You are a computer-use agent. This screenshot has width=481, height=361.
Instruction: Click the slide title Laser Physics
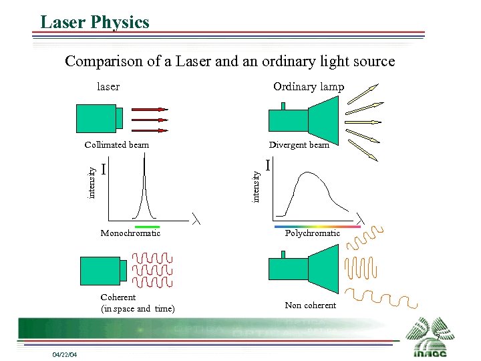click(x=95, y=22)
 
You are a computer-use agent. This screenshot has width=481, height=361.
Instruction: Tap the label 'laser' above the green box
click(x=108, y=86)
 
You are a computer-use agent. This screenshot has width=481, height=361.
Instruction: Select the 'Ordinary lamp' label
click(x=308, y=86)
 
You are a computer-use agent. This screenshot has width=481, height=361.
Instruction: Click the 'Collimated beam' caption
click(x=117, y=144)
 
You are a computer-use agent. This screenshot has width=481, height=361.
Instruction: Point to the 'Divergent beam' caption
click(x=299, y=144)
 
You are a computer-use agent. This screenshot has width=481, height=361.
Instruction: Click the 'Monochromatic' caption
click(x=130, y=233)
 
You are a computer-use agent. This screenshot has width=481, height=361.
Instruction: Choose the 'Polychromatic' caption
click(x=312, y=233)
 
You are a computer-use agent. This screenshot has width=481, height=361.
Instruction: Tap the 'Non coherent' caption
click(x=310, y=305)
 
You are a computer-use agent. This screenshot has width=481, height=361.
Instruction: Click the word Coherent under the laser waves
click(x=118, y=297)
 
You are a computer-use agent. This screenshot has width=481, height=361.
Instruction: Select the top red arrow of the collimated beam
click(x=149, y=108)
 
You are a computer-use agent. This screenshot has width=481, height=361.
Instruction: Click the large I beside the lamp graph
click(x=268, y=164)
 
